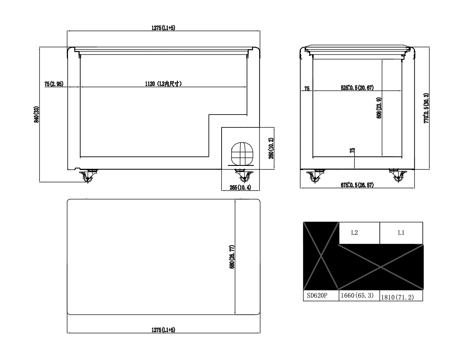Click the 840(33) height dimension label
[x=37, y=115]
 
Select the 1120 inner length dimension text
[x=163, y=84]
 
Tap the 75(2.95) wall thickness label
[x=54, y=84]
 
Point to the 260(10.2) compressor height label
[x=271, y=148]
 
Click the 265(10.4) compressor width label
[x=240, y=187]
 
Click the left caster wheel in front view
[x=88, y=176]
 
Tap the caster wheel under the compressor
[x=243, y=176]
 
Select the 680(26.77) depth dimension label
[x=232, y=257]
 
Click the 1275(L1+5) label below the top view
[x=163, y=330]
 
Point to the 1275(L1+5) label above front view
[x=163, y=28]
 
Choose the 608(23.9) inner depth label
[x=379, y=108]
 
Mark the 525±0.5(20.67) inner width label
[x=357, y=88]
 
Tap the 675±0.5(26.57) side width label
[x=357, y=185]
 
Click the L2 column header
[x=354, y=233]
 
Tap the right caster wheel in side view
[x=398, y=176]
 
